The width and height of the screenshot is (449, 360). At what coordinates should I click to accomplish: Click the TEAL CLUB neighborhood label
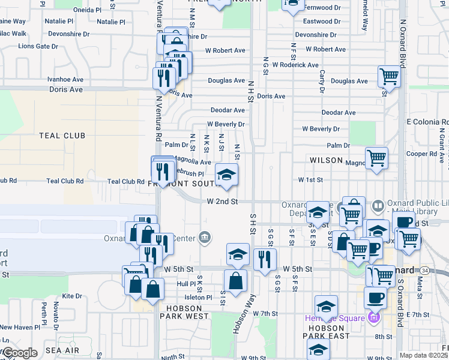coord(62,136)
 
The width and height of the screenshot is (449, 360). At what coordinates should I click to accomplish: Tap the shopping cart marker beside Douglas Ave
coord(389,77)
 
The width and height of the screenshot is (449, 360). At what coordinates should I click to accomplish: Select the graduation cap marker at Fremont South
coord(226,175)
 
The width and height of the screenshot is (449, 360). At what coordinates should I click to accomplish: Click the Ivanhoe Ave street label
coord(64,79)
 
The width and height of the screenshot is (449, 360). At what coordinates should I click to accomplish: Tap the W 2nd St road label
coord(223,202)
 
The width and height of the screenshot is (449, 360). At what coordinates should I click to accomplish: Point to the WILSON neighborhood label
coord(325,161)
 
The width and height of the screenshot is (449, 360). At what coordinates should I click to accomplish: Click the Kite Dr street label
coord(71,296)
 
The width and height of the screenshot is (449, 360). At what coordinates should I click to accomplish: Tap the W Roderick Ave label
coord(295,65)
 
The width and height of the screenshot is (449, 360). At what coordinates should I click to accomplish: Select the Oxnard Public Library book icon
coord(379,206)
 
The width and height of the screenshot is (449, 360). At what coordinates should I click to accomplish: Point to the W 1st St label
coord(311,179)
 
